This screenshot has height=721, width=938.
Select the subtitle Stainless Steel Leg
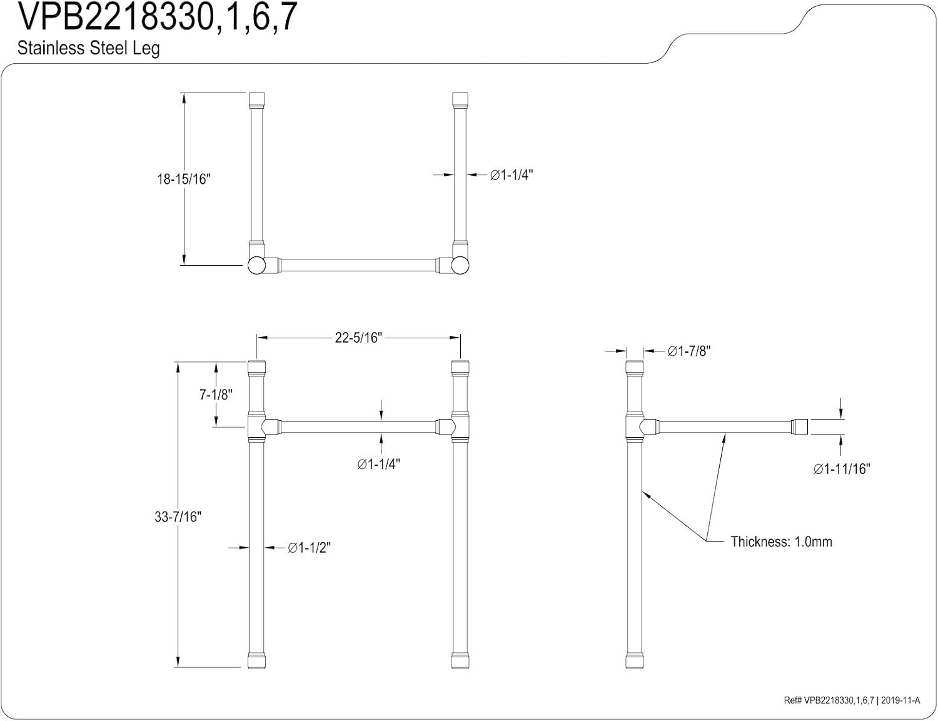(x=88, y=48)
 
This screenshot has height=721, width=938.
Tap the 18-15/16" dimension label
(x=184, y=179)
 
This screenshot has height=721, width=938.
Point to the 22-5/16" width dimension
(x=358, y=338)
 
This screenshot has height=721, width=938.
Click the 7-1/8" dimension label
(x=216, y=395)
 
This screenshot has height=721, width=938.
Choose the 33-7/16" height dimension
(x=178, y=517)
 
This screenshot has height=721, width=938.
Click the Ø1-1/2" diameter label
(x=309, y=548)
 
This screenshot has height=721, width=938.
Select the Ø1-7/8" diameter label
(x=688, y=351)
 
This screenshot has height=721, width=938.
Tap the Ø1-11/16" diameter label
(x=841, y=469)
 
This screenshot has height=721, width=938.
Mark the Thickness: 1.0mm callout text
(x=781, y=542)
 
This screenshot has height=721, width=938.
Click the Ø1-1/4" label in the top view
(x=511, y=175)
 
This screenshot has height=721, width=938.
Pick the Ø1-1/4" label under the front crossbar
(x=378, y=464)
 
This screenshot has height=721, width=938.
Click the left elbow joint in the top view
(x=257, y=265)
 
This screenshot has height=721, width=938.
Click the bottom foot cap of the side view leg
(x=634, y=662)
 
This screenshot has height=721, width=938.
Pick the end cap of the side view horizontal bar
(x=801, y=427)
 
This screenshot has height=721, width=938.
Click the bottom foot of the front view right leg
(x=460, y=662)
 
